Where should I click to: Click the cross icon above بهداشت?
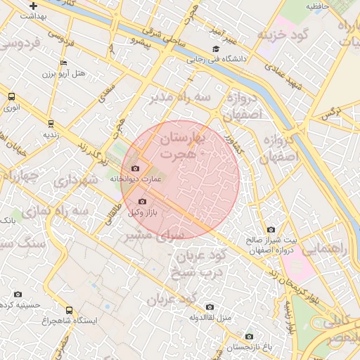tap(33, 6)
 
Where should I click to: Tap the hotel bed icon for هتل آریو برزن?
tap(63, 63)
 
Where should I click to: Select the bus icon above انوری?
tap(11, 96)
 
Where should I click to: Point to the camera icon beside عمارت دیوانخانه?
tap(136, 169)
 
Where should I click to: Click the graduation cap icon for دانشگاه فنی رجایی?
tap(216, 49)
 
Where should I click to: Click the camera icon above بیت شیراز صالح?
tap(271, 229)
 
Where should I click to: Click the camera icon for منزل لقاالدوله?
tap(210, 307)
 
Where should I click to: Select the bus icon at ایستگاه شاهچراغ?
tap(69, 309)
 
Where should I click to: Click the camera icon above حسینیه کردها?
tap(18, 294)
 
